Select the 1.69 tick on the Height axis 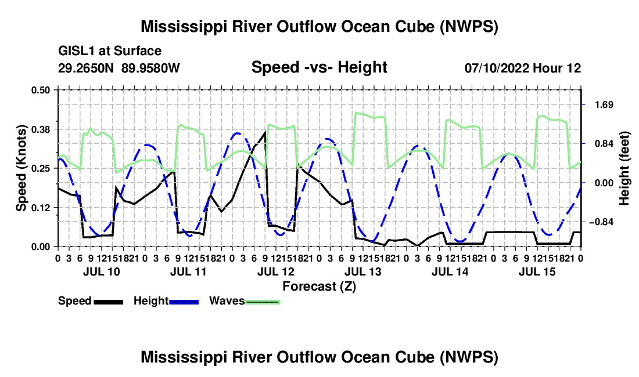[x=604, y=105]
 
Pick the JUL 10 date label [x=102, y=271]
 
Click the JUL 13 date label [x=363, y=271]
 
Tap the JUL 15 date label [x=537, y=271]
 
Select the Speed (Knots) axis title [x=21, y=168]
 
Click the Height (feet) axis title [x=624, y=168]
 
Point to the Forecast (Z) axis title [x=319, y=287]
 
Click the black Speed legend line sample [x=109, y=302]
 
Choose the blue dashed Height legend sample [x=184, y=302]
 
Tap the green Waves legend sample [x=263, y=302]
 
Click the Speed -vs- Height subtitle [x=319, y=67]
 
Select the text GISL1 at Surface [x=110, y=51]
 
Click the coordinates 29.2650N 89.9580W [x=119, y=68]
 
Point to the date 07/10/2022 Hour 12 [x=523, y=68]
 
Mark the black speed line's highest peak [x=265, y=132]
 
